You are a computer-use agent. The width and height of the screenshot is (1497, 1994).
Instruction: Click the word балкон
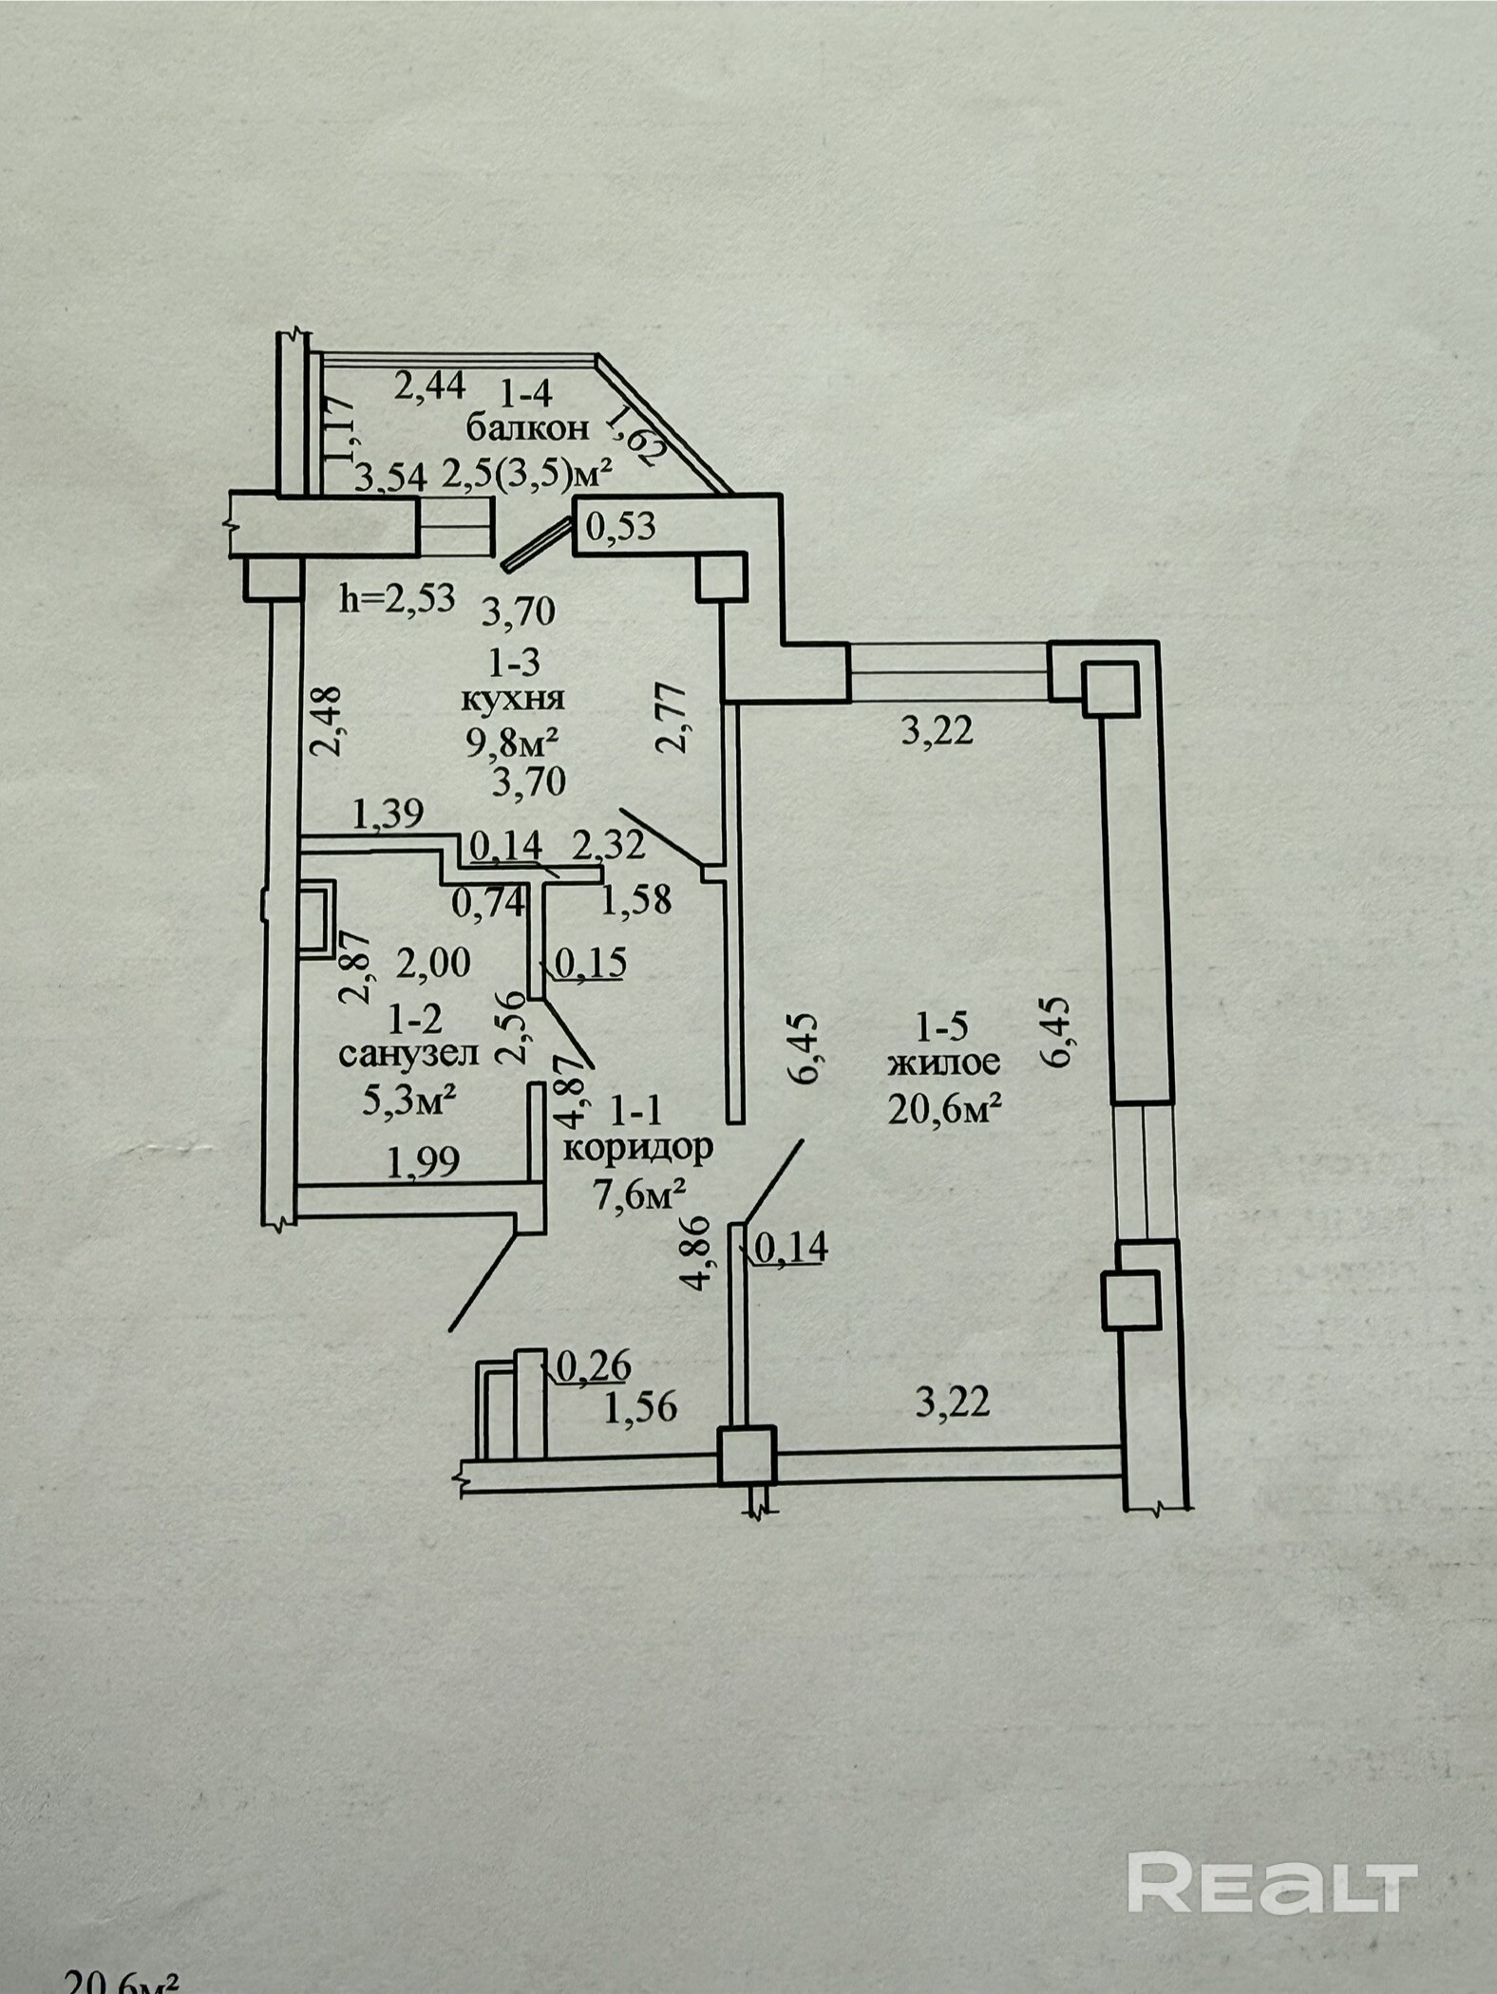(527, 428)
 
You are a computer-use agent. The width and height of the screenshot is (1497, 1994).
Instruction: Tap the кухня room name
(513, 699)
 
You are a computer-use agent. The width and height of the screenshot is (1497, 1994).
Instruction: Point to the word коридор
(637, 1149)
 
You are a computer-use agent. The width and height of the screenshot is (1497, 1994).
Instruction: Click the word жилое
(944, 1063)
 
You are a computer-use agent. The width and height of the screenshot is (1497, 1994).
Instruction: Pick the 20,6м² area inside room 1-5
(946, 1107)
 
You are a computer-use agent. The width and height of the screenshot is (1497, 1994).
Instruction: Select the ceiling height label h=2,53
(398, 600)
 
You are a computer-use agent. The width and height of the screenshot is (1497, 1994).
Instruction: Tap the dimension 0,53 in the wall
(620, 525)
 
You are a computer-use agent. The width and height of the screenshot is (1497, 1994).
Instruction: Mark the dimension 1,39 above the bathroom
(388, 814)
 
